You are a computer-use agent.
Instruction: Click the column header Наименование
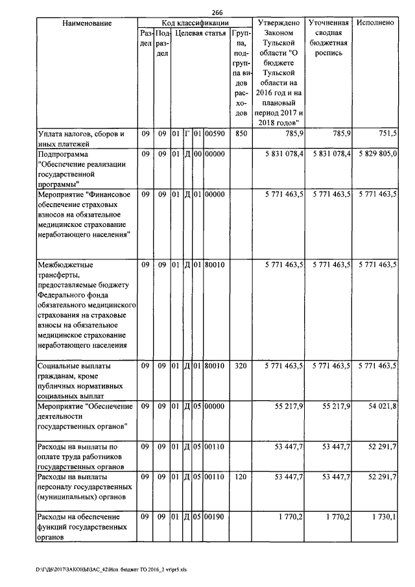tap(88, 23)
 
